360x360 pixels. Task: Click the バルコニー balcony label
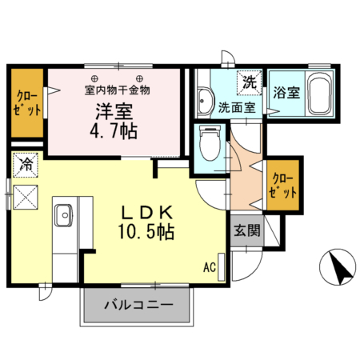[138, 305]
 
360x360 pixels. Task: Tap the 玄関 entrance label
[246, 232]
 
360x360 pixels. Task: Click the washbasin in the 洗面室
[205, 102]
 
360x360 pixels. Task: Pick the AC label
[210, 266]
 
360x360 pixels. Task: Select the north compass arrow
[341, 266]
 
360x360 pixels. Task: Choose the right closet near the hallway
[283, 186]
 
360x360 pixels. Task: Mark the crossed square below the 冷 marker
[26, 194]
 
